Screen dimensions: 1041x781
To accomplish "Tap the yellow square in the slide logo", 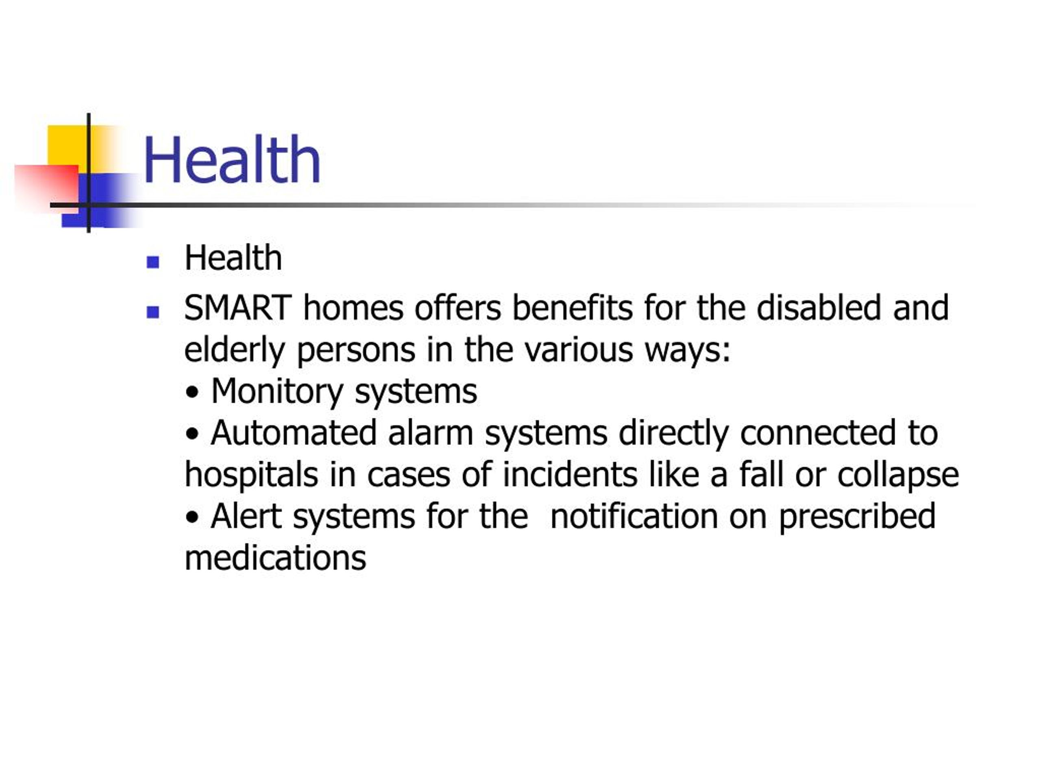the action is pos(68,145).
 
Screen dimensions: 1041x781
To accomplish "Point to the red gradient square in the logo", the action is pos(47,188).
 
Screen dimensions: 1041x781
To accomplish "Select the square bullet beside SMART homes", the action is pos(153,312).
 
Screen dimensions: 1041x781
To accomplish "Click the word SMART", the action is pos(237,308).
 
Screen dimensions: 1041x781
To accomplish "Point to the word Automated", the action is pos(294,433).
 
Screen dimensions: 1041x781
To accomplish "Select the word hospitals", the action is pos(251,476).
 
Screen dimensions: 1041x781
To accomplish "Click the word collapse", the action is pos(898,476).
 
